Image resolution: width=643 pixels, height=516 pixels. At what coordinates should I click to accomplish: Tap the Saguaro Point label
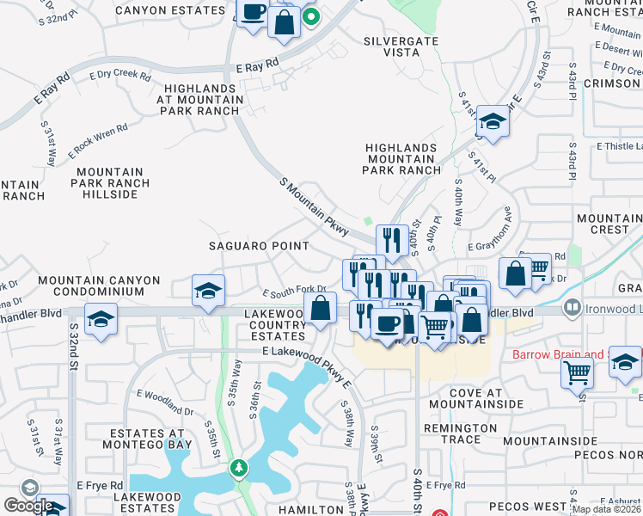pyautogui.click(x=259, y=246)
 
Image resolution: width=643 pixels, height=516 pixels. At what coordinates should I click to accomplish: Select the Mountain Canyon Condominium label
pyautogui.click(x=99, y=286)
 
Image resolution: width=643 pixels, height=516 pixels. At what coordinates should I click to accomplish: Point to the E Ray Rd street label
pyautogui.click(x=258, y=65)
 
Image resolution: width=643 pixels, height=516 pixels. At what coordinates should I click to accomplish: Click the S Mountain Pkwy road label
pyautogui.click(x=315, y=206)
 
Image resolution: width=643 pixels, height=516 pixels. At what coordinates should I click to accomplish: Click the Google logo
pyautogui.click(x=28, y=506)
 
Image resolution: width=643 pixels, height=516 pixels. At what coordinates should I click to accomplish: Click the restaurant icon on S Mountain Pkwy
pyautogui.click(x=392, y=240)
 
